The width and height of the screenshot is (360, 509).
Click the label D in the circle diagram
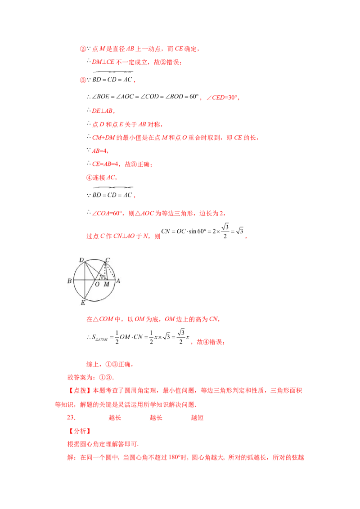click(81, 260)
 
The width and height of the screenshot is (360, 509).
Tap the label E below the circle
click(83, 303)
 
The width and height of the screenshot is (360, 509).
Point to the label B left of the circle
click(69, 281)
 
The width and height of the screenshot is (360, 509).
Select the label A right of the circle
click(118, 281)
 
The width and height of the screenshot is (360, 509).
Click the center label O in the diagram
click(97, 284)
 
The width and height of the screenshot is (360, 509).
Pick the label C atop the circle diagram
click(108, 260)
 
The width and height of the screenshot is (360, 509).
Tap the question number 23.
click(71, 417)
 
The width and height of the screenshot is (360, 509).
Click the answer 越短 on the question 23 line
click(197, 418)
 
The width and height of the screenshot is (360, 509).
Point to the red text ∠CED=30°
click(223, 98)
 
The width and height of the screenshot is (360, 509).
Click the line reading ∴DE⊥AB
click(101, 111)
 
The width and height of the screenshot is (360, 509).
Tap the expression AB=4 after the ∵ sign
click(100, 151)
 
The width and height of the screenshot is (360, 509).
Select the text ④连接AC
click(101, 178)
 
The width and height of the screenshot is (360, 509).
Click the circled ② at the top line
click(83, 49)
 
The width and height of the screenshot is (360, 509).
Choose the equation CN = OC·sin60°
click(202, 231)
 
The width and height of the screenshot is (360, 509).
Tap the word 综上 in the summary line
click(93, 365)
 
